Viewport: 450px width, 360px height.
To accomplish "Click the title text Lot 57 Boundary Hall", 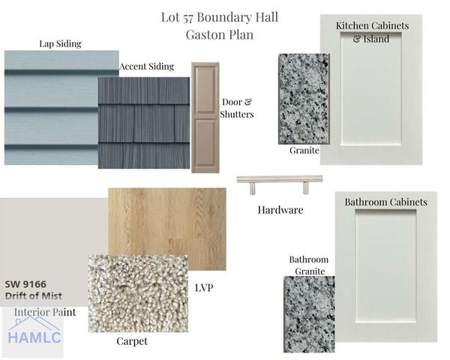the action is point(220,17).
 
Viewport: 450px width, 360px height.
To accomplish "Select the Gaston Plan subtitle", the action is point(220,34).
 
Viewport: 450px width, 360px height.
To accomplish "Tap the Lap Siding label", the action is point(60,43).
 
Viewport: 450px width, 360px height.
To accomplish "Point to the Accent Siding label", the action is point(147,66).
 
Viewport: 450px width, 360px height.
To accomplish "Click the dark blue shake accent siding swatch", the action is point(144,122).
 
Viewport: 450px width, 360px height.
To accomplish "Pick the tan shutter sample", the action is point(205,118).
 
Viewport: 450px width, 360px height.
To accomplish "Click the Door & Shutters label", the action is point(237,108).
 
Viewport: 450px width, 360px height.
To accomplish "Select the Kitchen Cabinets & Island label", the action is point(372,31).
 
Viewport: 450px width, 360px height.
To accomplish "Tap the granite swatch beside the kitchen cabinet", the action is point(304,99).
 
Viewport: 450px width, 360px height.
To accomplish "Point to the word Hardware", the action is point(280,210).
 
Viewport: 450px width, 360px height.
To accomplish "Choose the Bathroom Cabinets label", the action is point(385,202).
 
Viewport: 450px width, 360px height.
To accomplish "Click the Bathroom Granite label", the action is point(310,265).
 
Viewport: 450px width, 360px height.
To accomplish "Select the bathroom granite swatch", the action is point(309,314).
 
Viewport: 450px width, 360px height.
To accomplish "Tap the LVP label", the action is point(204,288).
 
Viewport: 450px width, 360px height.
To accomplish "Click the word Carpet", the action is point(132,341).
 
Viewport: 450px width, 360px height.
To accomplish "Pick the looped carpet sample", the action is point(138,293).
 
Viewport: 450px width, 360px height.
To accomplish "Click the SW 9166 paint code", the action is point(25,284).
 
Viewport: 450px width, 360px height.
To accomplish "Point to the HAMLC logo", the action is point(33,333).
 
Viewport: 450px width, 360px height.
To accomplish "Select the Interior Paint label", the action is point(45,312).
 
